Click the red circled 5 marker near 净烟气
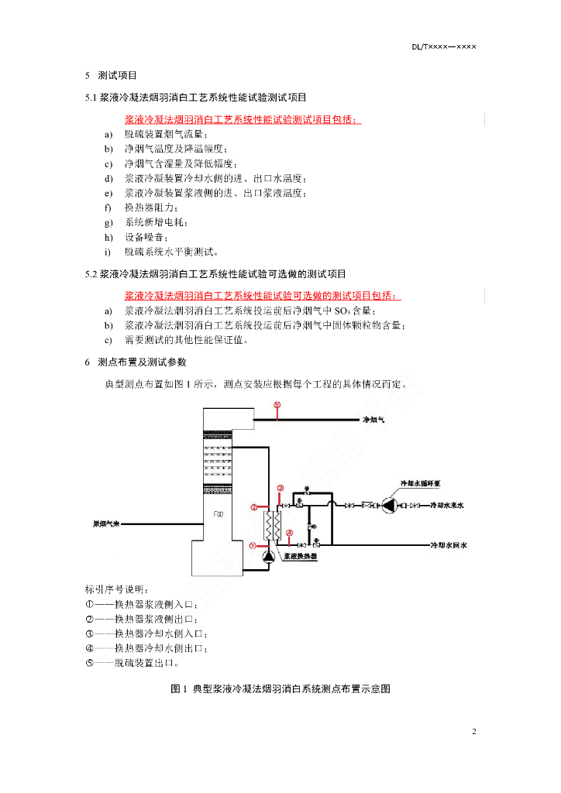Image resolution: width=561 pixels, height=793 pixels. [277, 405]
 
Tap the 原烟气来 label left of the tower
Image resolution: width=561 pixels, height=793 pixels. [103, 524]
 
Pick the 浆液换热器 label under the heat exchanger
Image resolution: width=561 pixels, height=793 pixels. [300, 555]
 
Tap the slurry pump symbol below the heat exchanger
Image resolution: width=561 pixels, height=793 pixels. [268, 554]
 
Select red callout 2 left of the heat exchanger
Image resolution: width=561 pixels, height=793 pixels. [253, 508]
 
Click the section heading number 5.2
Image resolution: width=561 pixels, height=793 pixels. [91, 274]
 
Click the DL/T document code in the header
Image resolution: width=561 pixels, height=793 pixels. [443, 46]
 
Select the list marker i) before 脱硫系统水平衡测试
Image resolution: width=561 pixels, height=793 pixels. [108, 252]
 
